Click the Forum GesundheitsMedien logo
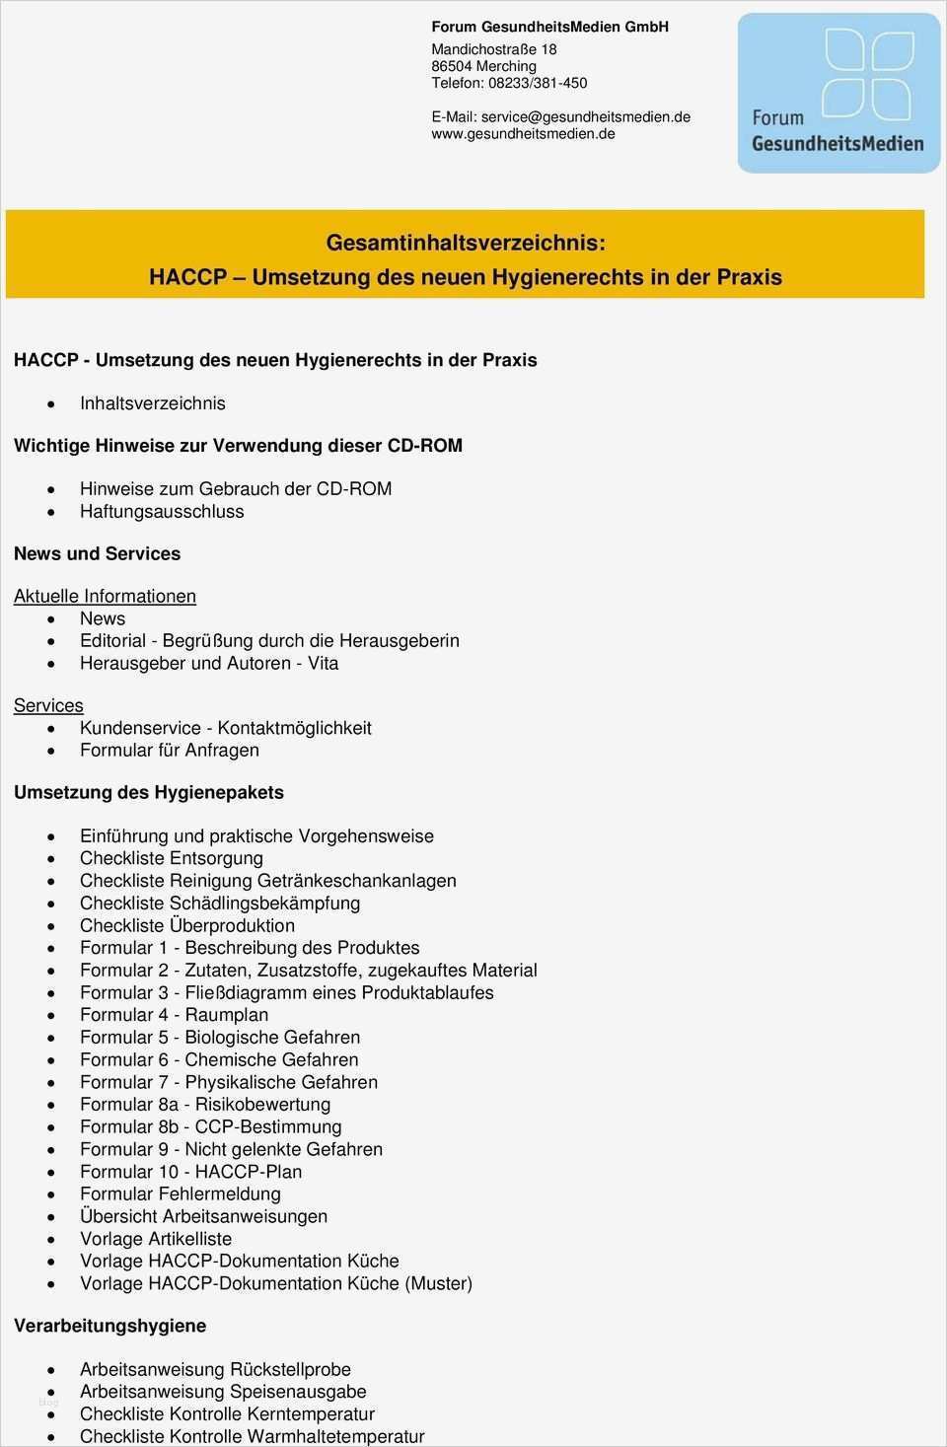(x=838, y=94)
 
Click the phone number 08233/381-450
(x=538, y=83)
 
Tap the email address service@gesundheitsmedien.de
(x=586, y=116)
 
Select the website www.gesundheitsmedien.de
(x=523, y=133)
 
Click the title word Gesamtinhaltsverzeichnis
(x=466, y=243)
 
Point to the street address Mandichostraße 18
(x=493, y=49)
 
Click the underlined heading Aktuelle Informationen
(x=105, y=596)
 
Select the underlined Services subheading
(x=48, y=705)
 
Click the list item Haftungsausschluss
(x=162, y=511)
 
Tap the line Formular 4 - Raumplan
(x=174, y=1015)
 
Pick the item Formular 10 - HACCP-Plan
(x=190, y=1172)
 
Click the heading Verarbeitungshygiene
(x=110, y=1326)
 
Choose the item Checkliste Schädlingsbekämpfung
(x=220, y=903)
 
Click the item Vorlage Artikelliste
(x=156, y=1239)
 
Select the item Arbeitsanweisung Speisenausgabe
(x=223, y=1392)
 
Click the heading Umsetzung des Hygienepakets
(x=149, y=793)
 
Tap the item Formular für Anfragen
(x=170, y=750)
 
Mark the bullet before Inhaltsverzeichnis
(x=51, y=404)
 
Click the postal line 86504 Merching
(x=483, y=66)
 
